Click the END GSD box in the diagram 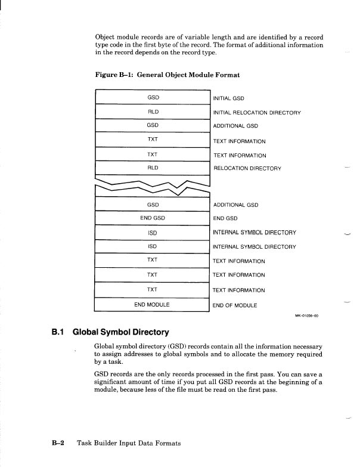[x=153, y=218]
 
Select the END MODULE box [x=153, y=305]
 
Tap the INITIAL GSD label [x=229, y=98]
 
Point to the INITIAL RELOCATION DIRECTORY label [x=257, y=113]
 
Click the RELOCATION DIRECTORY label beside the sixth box [x=247, y=169]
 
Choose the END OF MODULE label [x=235, y=305]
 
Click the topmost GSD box [x=153, y=97]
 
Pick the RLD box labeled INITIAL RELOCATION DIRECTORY [x=153, y=112]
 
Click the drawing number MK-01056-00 [x=307, y=316]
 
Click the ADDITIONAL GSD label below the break [x=235, y=205]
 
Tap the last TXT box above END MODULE [x=153, y=290]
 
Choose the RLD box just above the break [x=153, y=168]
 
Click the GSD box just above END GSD [x=153, y=204]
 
